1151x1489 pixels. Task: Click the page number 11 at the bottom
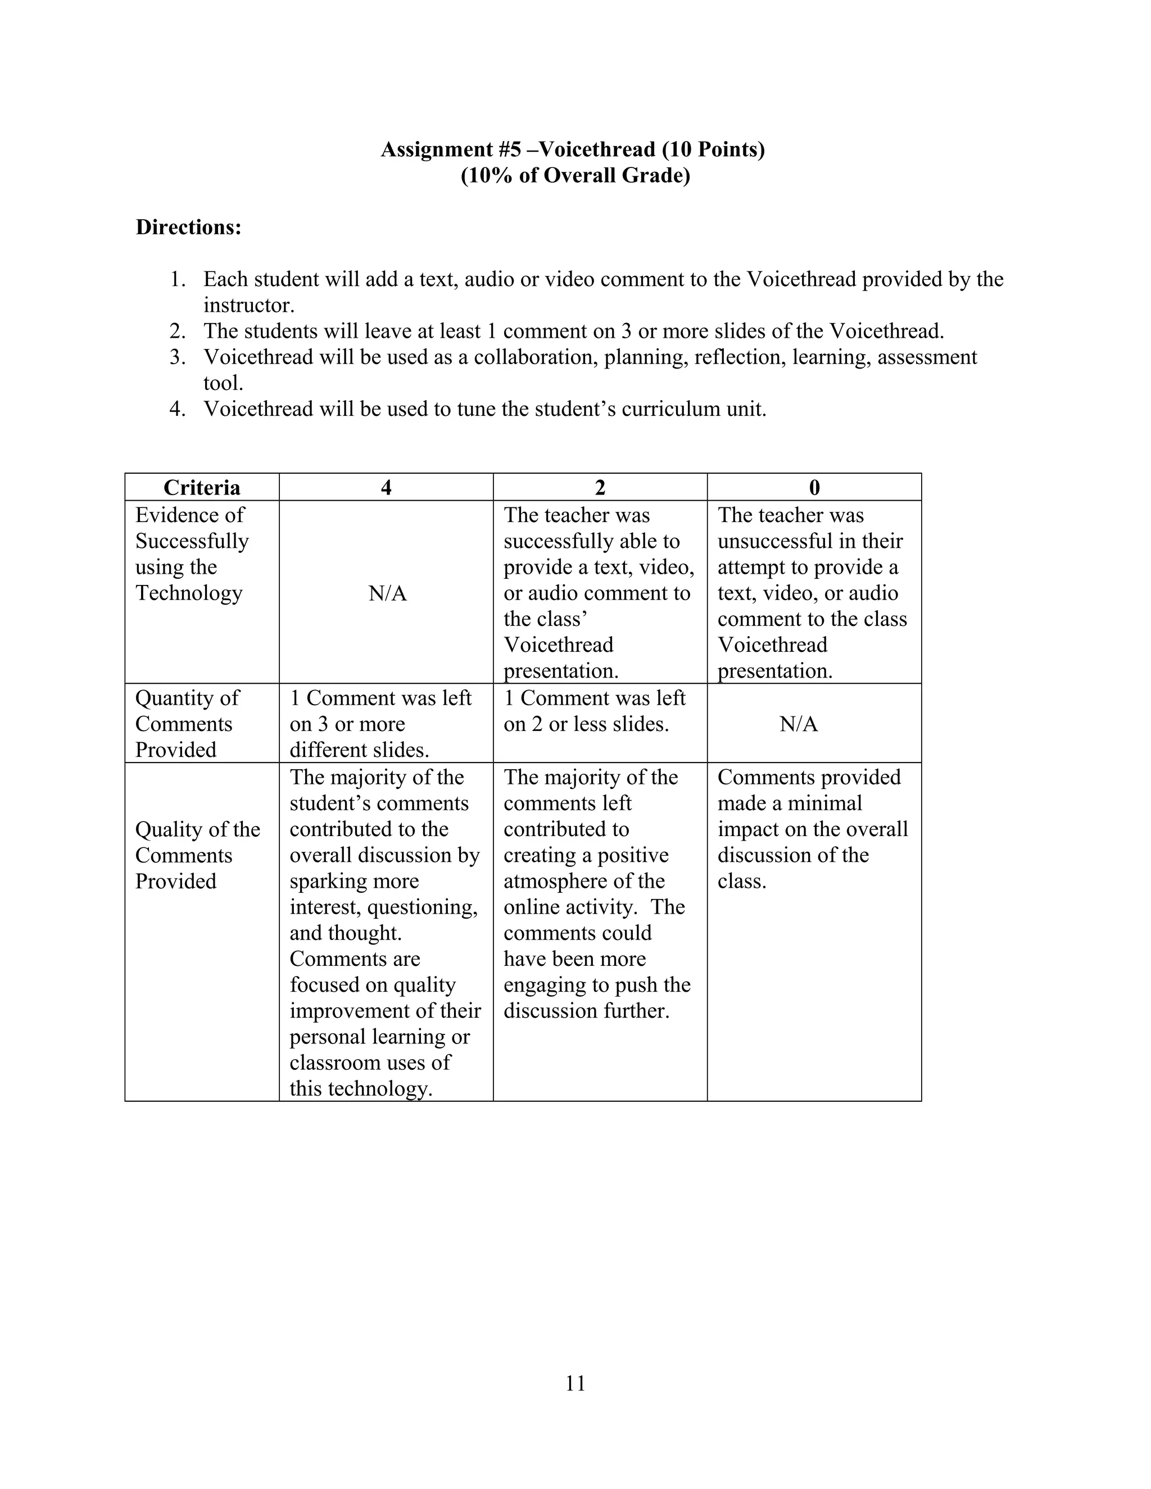[575, 1383]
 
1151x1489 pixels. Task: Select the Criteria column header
[202, 488]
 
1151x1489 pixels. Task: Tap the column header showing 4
[386, 488]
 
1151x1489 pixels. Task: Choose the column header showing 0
[814, 488]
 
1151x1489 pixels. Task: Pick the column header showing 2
[600, 488]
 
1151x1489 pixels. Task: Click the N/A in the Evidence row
[387, 593]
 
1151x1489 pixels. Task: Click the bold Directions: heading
[189, 227]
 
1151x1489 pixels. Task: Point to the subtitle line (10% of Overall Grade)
[575, 176]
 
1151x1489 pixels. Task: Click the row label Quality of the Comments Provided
[197, 855]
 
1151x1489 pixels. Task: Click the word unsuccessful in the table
[773, 541]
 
